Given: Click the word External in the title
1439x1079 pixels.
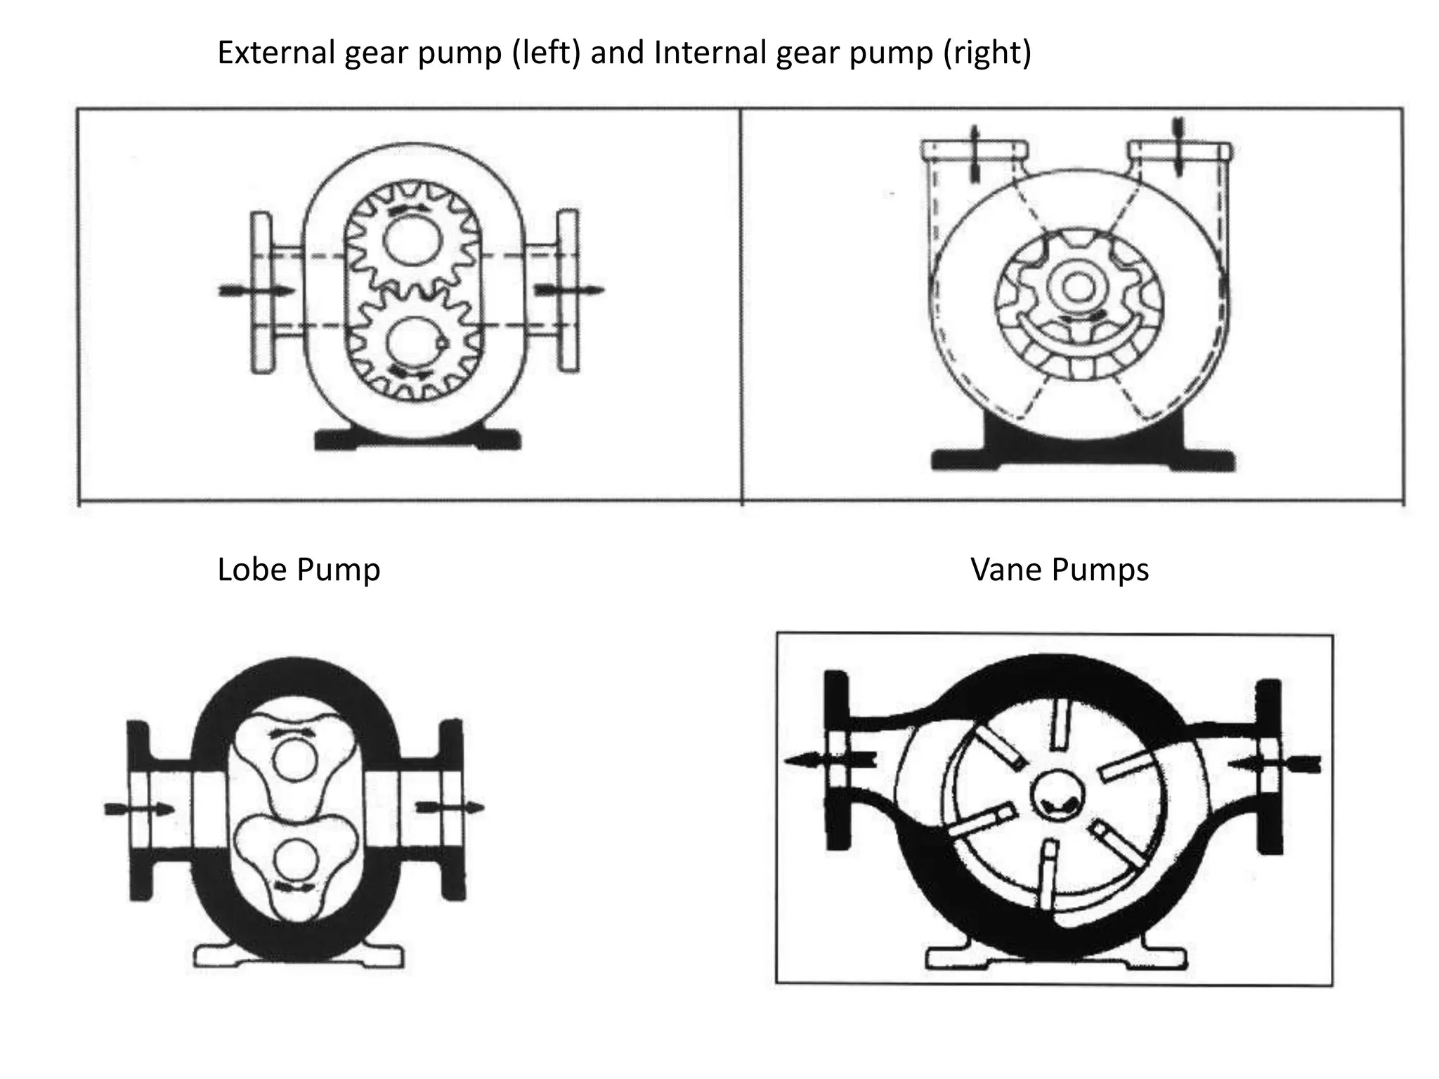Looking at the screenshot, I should (275, 53).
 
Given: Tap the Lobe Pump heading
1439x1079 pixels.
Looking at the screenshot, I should (299, 569).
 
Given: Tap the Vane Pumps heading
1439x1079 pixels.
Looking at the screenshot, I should (1059, 569).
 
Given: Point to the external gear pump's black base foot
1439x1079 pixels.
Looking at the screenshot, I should (417, 440).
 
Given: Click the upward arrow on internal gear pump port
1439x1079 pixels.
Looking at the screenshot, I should (974, 155).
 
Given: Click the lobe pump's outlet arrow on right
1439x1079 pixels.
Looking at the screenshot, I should (450, 807).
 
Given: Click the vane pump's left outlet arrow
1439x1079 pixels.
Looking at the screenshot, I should (829, 759).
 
